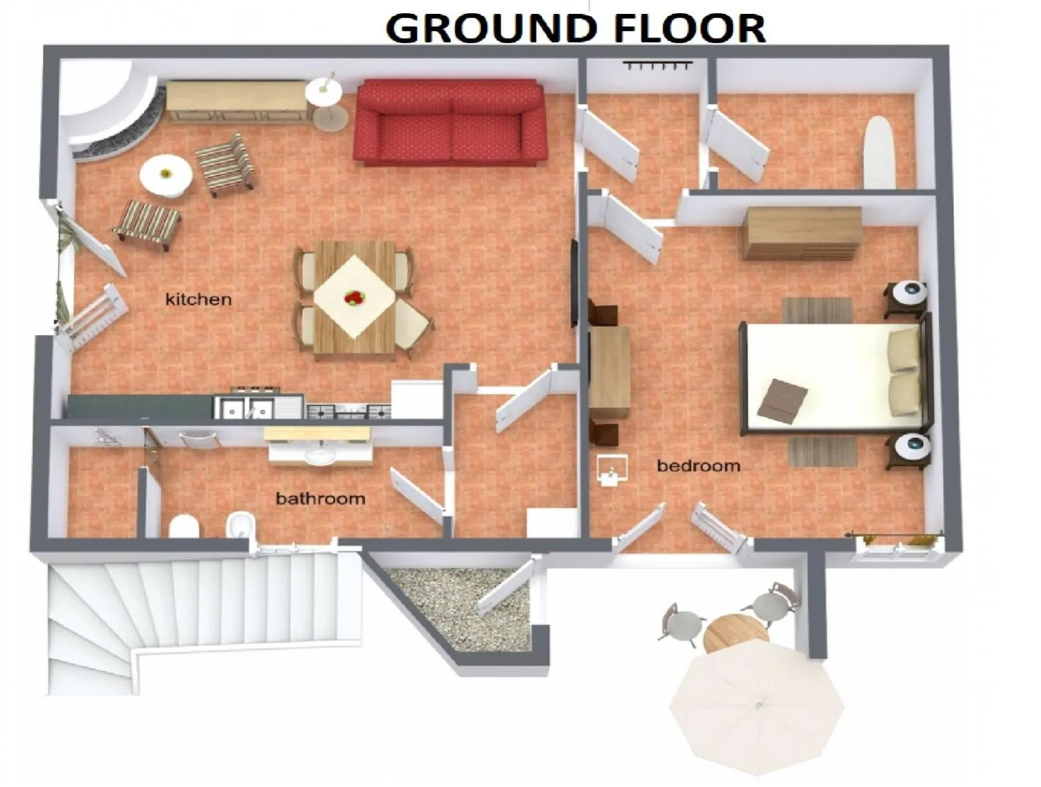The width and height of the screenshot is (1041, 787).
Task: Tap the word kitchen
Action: tap(198, 299)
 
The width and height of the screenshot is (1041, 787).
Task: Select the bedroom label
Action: tap(698, 466)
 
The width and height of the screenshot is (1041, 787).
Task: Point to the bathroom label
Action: tap(321, 498)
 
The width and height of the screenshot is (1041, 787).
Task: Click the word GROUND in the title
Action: tap(490, 28)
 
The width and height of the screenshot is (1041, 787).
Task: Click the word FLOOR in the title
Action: tap(689, 28)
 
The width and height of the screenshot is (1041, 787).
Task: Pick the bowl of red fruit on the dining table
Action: tap(354, 297)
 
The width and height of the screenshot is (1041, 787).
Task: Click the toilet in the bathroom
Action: tap(184, 526)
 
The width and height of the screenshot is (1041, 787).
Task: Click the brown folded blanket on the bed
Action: tap(782, 401)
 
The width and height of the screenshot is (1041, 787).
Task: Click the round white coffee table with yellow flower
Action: tap(166, 176)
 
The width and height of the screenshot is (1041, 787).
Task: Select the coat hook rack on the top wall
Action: tap(657, 65)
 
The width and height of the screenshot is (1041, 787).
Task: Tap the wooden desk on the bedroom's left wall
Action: tap(610, 373)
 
